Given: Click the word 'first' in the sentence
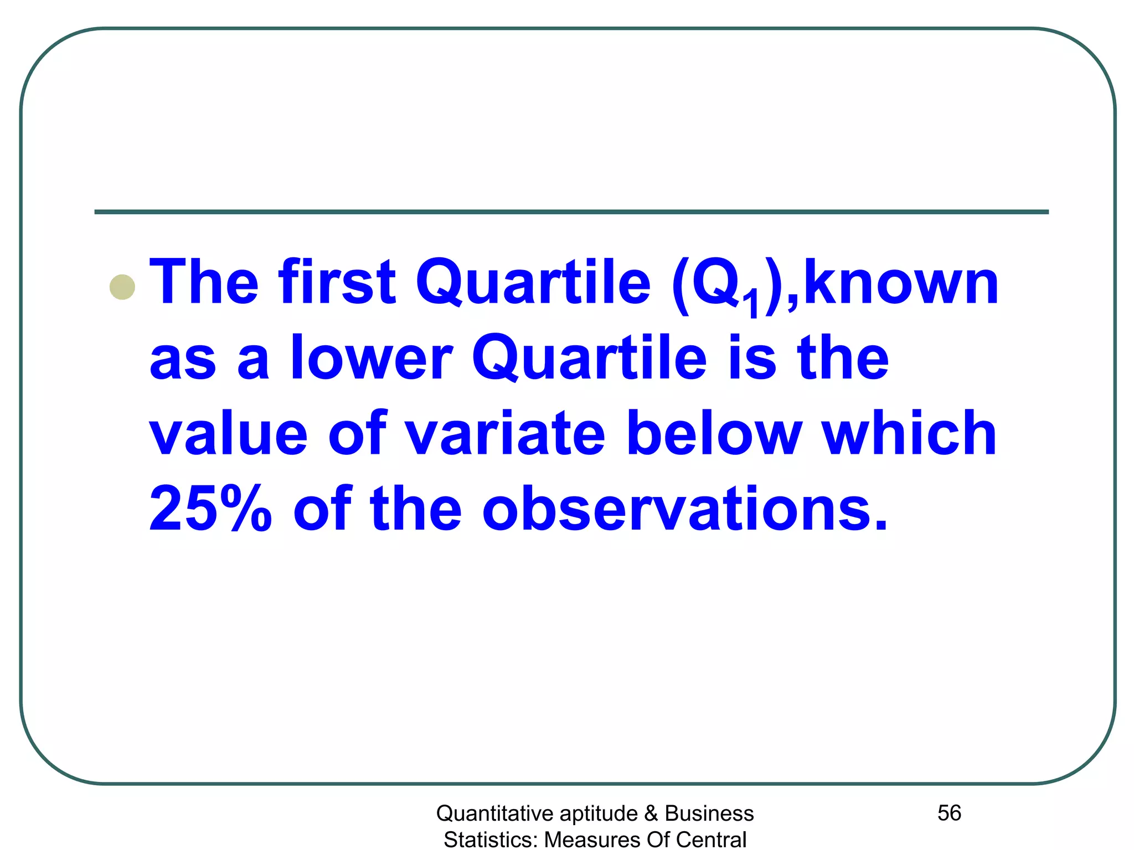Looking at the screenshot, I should pos(338,282).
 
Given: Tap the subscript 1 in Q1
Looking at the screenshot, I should pos(752,304).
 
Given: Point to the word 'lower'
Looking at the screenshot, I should pos(372,358).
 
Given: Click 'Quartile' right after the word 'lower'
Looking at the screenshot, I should pos(589,358).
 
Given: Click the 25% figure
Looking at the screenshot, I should pos(210,509).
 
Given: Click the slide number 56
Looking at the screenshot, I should pos(949,813).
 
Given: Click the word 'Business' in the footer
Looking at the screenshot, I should pos(709,813).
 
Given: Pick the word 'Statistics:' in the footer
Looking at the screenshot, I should pos(491,839).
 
